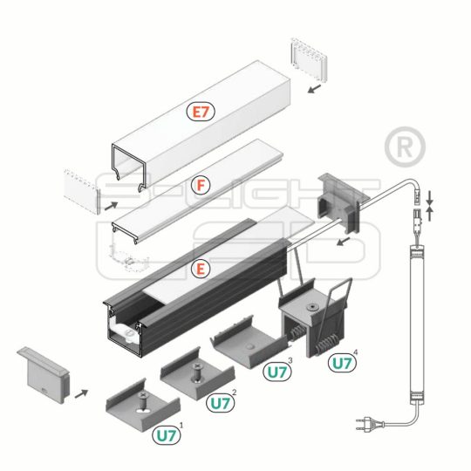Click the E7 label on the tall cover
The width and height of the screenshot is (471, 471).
pos(201,112)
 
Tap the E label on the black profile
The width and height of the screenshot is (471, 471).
pos(201,270)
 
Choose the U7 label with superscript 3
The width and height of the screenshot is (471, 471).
pos(278,371)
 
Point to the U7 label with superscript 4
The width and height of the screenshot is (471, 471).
pos(341,362)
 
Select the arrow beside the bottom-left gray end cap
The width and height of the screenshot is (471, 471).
pos(81,393)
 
